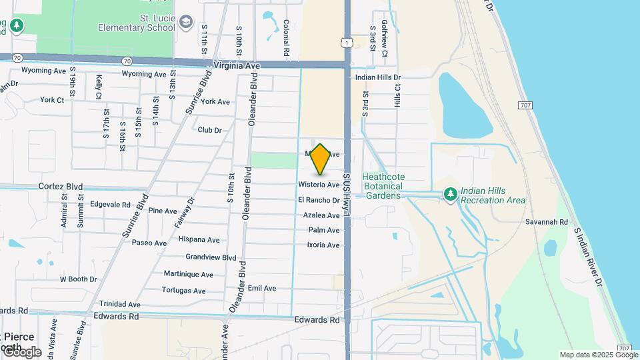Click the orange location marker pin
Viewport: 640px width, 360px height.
click(x=321, y=159)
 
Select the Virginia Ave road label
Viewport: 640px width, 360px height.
click(x=236, y=66)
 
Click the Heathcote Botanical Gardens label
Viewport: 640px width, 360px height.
click(x=383, y=186)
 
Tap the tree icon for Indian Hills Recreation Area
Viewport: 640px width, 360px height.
click(x=451, y=194)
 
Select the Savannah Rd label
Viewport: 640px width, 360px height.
click(x=546, y=222)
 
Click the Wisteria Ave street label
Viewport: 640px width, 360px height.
click(x=319, y=185)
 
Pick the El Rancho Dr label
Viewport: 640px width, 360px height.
click(x=319, y=200)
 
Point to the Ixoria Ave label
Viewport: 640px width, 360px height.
click(x=323, y=245)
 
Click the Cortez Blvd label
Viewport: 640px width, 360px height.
click(x=60, y=187)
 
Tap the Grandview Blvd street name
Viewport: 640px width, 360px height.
click(x=211, y=257)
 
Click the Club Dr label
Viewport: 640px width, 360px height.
click(x=209, y=130)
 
